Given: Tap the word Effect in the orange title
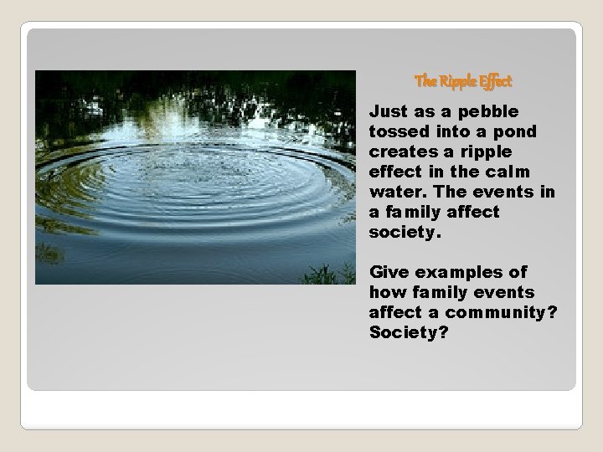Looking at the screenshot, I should [x=495, y=81].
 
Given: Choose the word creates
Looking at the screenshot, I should [x=399, y=152].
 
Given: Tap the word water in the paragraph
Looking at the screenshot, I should [x=394, y=192].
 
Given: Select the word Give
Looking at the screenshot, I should [x=388, y=272].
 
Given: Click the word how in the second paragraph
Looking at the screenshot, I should [x=385, y=292].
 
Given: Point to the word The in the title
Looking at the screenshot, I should [x=425, y=81].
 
